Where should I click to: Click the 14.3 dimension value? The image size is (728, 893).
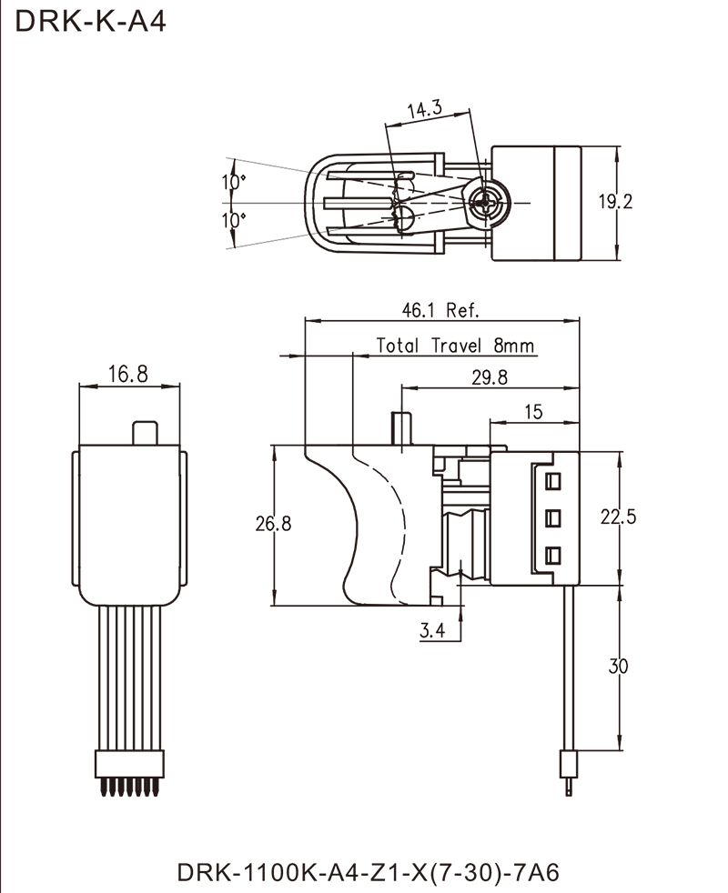pos(426,110)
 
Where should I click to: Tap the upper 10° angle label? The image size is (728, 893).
pos(236,184)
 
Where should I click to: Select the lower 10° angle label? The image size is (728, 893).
pos(236,222)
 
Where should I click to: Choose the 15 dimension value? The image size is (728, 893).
pos(534,412)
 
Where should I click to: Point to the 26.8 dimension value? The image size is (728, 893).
pos(273,526)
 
